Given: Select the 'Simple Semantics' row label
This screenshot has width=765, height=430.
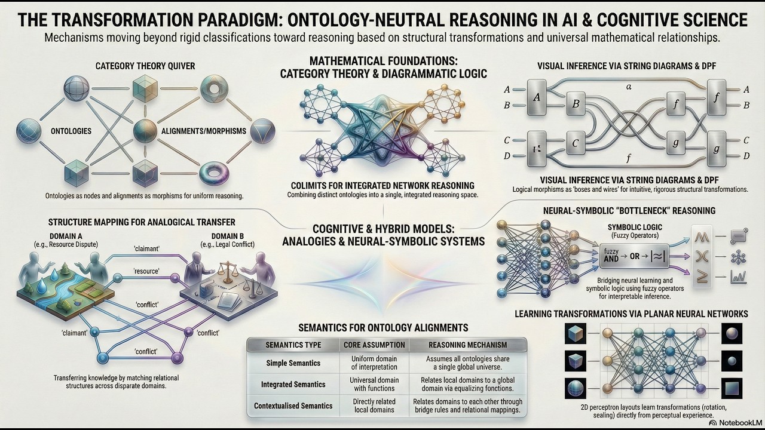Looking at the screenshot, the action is (293, 363).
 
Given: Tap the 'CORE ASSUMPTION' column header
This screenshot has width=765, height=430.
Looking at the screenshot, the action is (374, 345).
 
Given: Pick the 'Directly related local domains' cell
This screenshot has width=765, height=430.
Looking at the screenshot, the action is (374, 406).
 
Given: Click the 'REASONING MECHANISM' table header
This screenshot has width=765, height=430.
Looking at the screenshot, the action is (467, 345).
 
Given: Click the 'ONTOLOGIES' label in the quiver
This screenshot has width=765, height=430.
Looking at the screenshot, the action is (71, 131).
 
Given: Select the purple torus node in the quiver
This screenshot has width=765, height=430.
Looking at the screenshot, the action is (214, 173).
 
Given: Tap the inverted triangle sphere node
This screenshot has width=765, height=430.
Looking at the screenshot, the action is (262, 131).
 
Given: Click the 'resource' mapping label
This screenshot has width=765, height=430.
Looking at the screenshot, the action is (146, 271).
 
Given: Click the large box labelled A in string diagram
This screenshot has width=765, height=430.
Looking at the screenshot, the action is (536, 97).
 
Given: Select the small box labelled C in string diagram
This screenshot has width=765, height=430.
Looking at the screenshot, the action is (576, 143).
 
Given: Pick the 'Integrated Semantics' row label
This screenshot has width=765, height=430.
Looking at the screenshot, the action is (293, 385).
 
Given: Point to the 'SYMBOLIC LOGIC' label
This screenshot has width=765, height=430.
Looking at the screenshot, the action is (635, 228).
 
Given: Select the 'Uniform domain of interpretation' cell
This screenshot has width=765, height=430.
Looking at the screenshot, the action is (374, 363).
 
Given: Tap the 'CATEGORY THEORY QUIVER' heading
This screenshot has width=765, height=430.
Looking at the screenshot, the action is (145, 66).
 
